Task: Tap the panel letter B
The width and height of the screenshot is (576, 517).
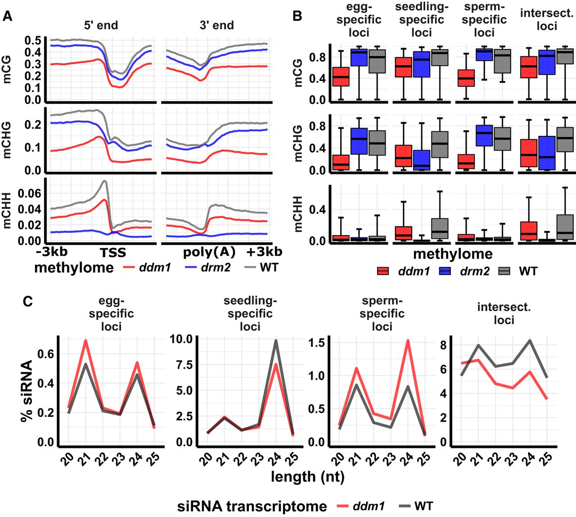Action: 297,16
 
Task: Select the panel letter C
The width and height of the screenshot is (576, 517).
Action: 28,301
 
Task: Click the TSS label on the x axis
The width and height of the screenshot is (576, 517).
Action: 113,252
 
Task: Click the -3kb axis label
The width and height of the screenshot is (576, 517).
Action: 52,251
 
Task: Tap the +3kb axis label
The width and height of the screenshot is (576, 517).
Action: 264,251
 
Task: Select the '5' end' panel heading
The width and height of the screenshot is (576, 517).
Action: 101,25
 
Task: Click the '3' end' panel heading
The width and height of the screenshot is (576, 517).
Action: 216,25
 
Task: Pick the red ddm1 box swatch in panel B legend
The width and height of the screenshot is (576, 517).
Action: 383,271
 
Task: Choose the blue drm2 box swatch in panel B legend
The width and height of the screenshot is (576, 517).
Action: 445,271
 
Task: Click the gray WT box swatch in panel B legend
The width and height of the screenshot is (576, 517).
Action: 506,271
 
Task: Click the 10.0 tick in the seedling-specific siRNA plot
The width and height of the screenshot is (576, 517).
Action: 181,339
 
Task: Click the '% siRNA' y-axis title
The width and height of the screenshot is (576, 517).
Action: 27,390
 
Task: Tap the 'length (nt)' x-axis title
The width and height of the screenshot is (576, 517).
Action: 307,477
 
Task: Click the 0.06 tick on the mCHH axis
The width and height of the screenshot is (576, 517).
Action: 30,194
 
